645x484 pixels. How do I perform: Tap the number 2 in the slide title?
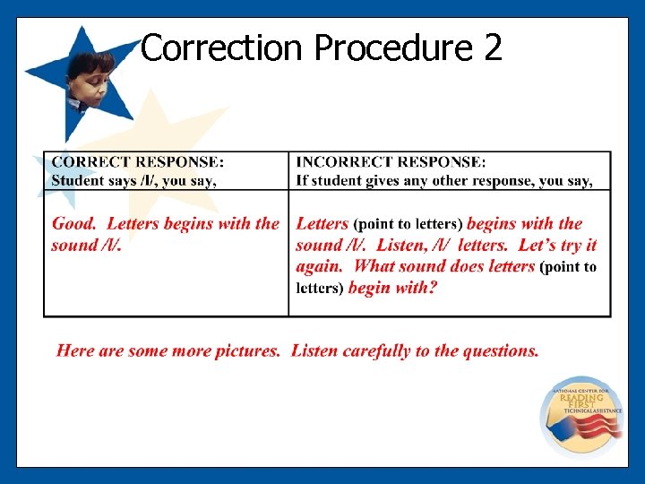[492, 48]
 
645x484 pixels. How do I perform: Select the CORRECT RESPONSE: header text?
[138, 162]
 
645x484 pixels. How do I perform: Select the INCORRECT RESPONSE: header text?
[391, 162]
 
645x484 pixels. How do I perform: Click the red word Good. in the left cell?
[73, 224]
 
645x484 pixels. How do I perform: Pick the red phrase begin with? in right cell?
[392, 288]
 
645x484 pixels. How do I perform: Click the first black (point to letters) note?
[408, 224]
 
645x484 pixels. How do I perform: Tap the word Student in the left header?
[77, 180]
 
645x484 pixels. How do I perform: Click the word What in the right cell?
[374, 266]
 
